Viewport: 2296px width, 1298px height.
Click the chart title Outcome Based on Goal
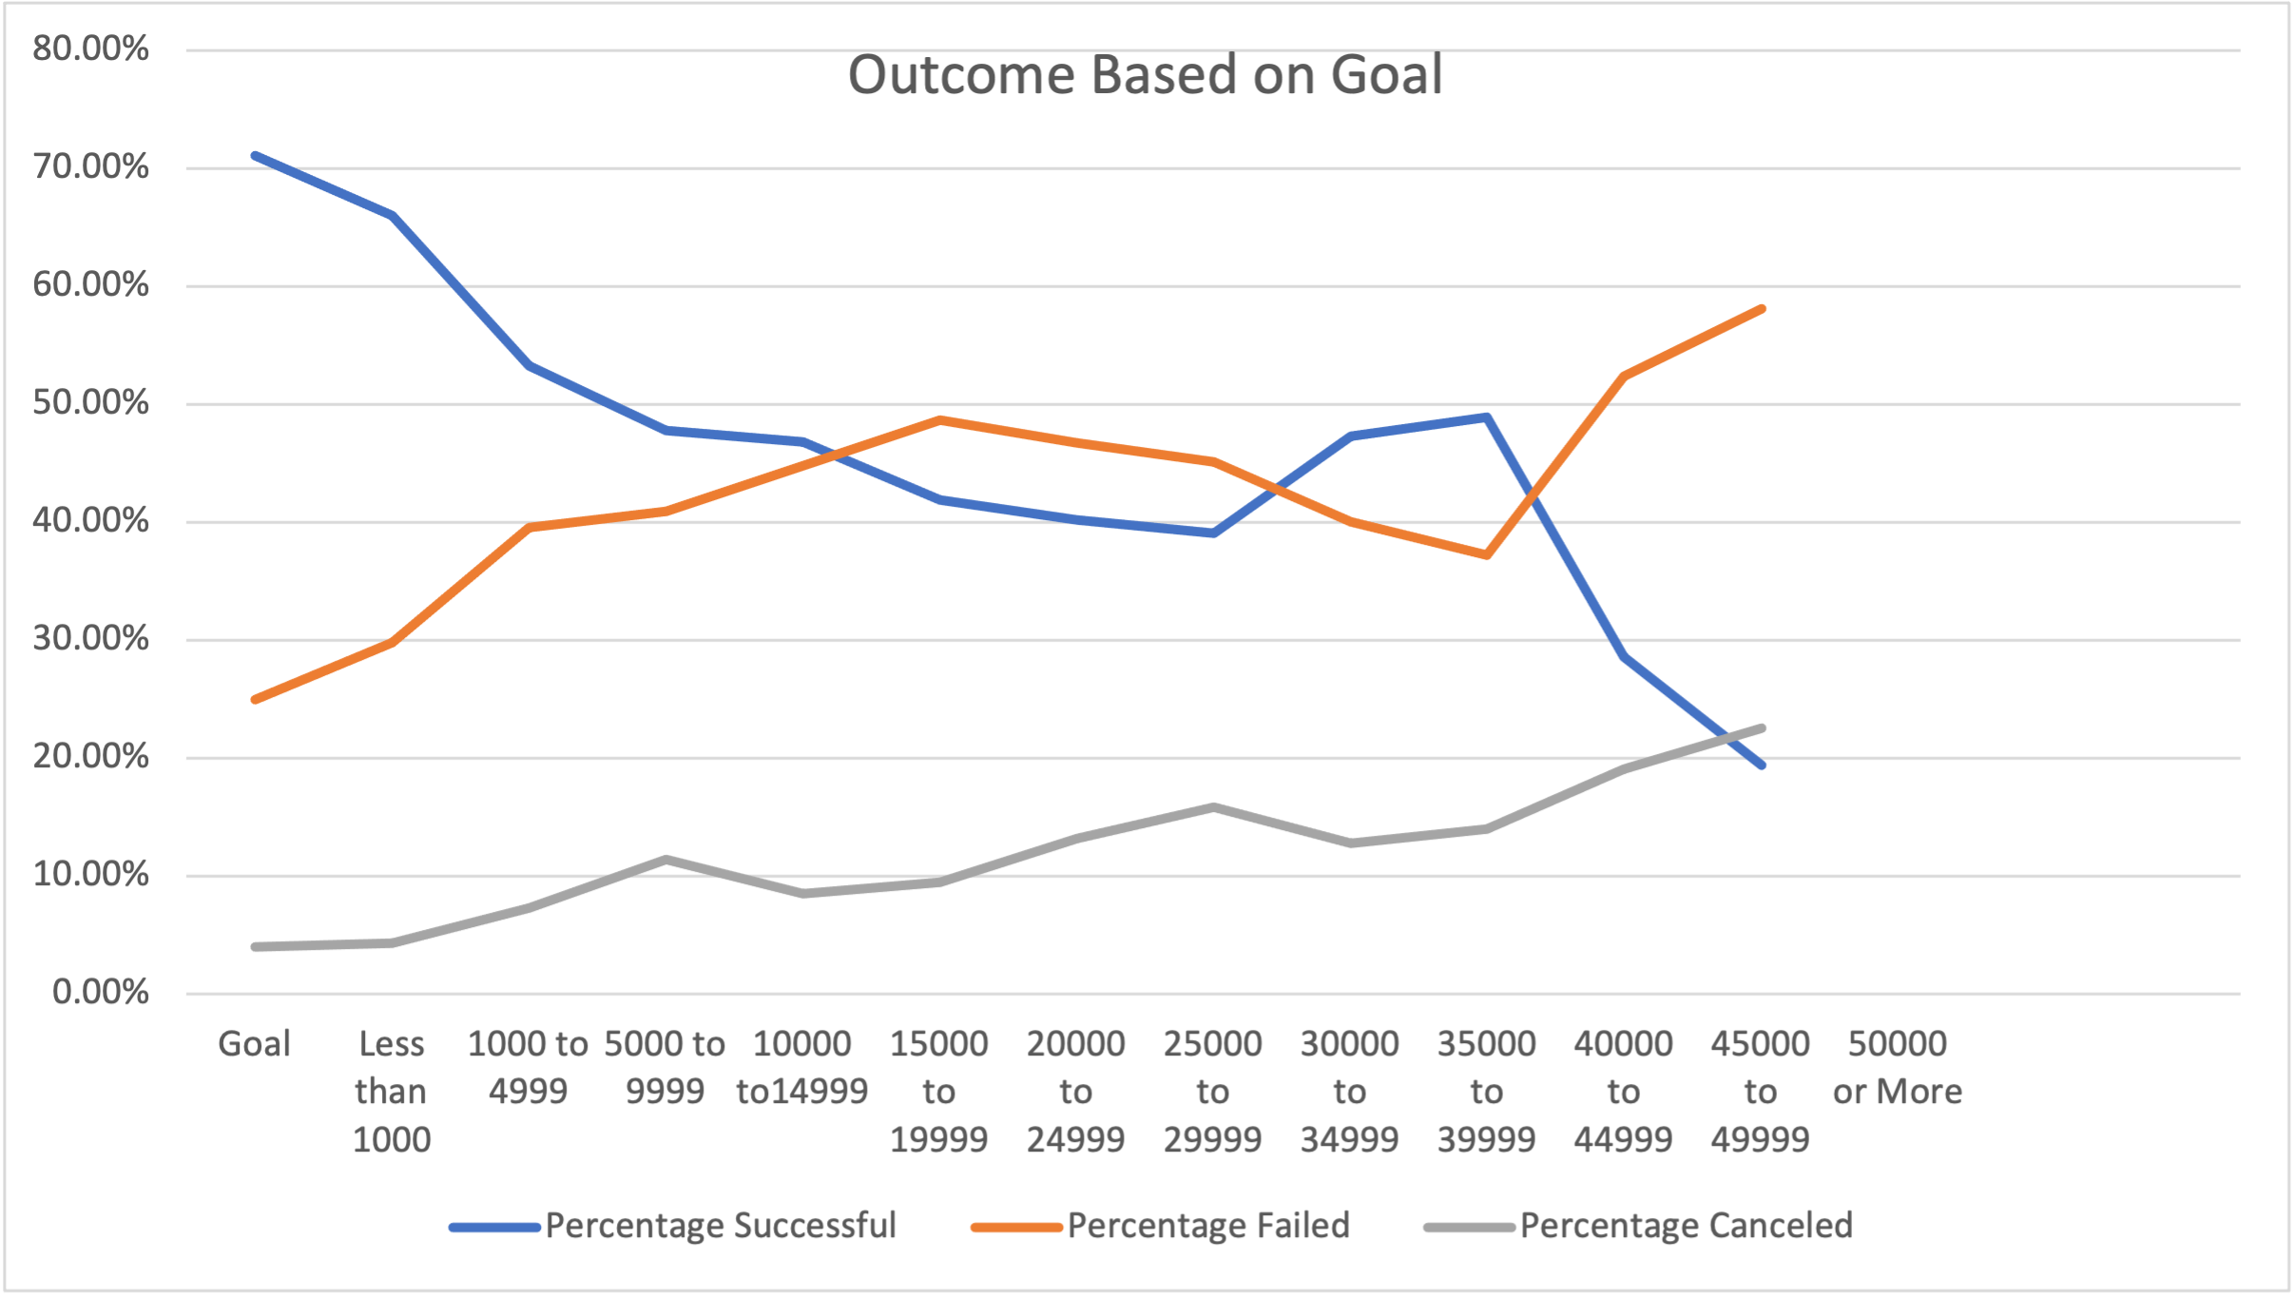pyautogui.click(x=1145, y=75)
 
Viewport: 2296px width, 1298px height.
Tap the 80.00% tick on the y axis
pyautogui.click(x=90, y=48)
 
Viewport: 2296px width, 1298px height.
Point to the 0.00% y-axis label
pyautogui.click(x=100, y=992)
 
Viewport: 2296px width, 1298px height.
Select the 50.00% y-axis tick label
pyautogui.click(x=90, y=402)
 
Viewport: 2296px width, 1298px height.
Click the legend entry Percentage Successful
pyautogui.click(x=720, y=1225)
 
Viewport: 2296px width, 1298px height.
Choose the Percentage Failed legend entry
pyautogui.click(x=1207, y=1225)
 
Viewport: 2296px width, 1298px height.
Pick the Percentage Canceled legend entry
pyautogui.click(x=1686, y=1225)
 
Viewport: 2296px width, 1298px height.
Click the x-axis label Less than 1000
pyautogui.click(x=392, y=1091)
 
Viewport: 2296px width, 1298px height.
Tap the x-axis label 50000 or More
pyautogui.click(x=1898, y=1067)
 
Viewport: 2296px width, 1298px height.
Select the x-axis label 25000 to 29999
pyautogui.click(x=1212, y=1091)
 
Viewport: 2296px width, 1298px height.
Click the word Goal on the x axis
pyautogui.click(x=254, y=1044)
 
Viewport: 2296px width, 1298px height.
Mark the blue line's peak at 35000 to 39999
pyautogui.click(x=1486, y=417)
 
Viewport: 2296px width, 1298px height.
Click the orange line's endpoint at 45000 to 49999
pyautogui.click(x=1762, y=309)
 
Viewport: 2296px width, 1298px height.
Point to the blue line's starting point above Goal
pyautogui.click(x=255, y=155)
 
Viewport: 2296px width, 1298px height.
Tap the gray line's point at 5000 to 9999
pyautogui.click(x=666, y=860)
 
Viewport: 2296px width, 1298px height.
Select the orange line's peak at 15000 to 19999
pyautogui.click(x=939, y=419)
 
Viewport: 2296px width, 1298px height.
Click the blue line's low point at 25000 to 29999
pyautogui.click(x=1213, y=533)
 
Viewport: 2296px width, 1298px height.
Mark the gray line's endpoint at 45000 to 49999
pyautogui.click(x=1762, y=728)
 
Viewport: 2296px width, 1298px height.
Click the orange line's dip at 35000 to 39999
pyautogui.click(x=1486, y=554)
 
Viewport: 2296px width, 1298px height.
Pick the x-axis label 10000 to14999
pyautogui.click(x=802, y=1067)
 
